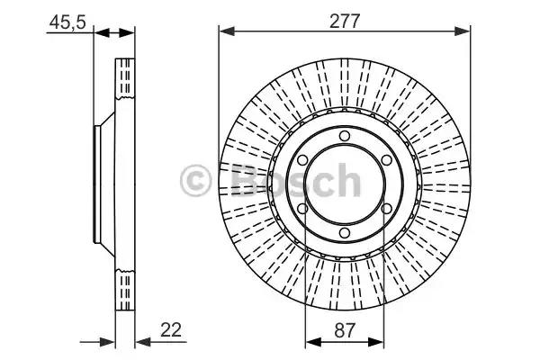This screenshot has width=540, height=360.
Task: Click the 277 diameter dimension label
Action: click(345, 22)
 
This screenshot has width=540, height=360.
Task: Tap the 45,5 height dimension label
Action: click(67, 22)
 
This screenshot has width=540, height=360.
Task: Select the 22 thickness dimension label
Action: click(171, 329)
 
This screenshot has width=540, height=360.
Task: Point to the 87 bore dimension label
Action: click(344, 330)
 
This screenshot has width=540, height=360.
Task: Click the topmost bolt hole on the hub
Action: click(345, 136)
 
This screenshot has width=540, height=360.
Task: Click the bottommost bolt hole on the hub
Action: click(345, 233)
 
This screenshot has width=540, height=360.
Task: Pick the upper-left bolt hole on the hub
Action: click(302, 160)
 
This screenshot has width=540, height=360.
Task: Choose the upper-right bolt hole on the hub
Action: click(386, 160)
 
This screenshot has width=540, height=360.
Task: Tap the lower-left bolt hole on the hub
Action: click(302, 209)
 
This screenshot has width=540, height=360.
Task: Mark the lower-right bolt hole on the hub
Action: click(386, 209)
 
